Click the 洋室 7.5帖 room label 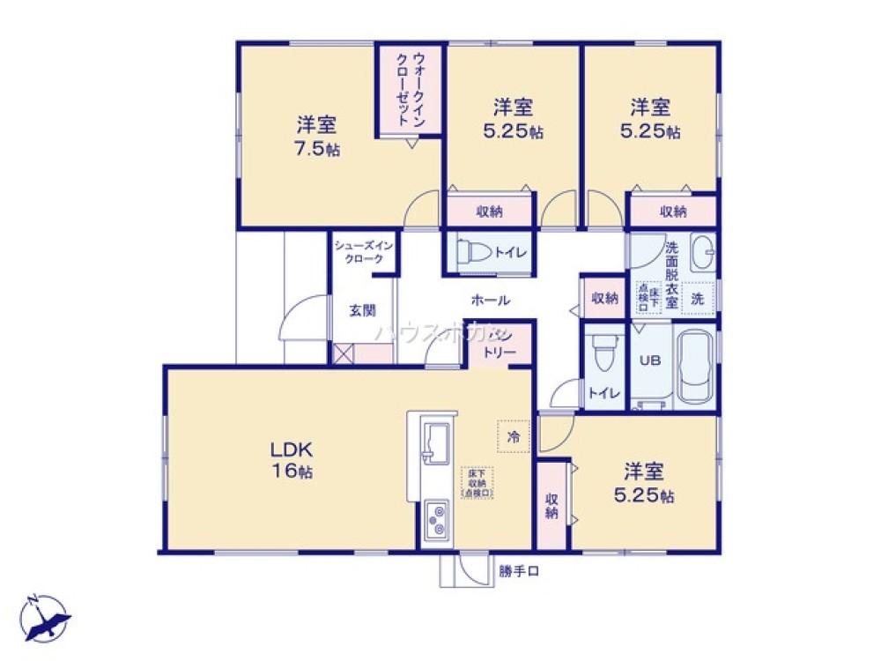tap(316, 136)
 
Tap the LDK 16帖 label tap(292, 458)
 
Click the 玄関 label tap(362, 310)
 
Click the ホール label tap(490, 300)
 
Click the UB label tap(648, 360)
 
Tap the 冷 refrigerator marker tap(514, 435)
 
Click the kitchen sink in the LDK tap(434, 442)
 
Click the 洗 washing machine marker tap(697, 299)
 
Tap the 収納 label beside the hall tap(603, 298)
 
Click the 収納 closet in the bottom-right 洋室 tap(552, 506)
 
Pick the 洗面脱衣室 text tap(671, 275)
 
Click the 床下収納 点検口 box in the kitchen tap(478, 482)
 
